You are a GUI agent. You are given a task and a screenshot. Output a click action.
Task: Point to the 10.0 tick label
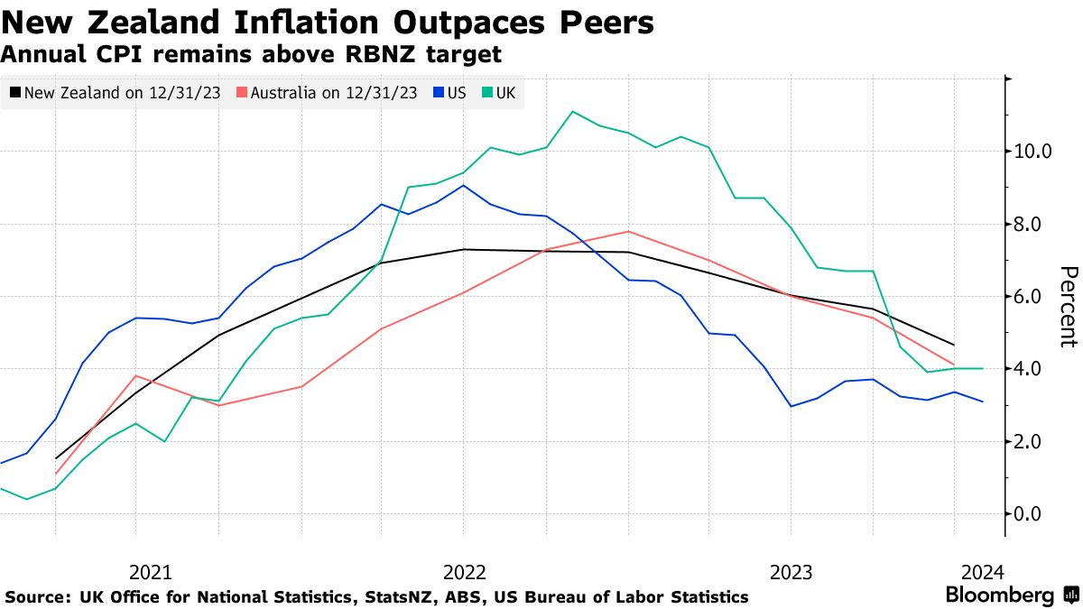pos(1032,151)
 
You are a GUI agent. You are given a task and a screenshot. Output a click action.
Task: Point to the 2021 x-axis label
pos(150,571)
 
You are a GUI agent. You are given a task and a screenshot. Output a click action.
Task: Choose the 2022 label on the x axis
pos(465,571)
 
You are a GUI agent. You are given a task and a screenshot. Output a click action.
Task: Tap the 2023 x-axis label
pos(791,571)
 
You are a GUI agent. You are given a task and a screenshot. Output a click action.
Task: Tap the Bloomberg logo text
pos(999,595)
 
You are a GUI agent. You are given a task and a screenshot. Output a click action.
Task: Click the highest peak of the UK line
pos(573,111)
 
